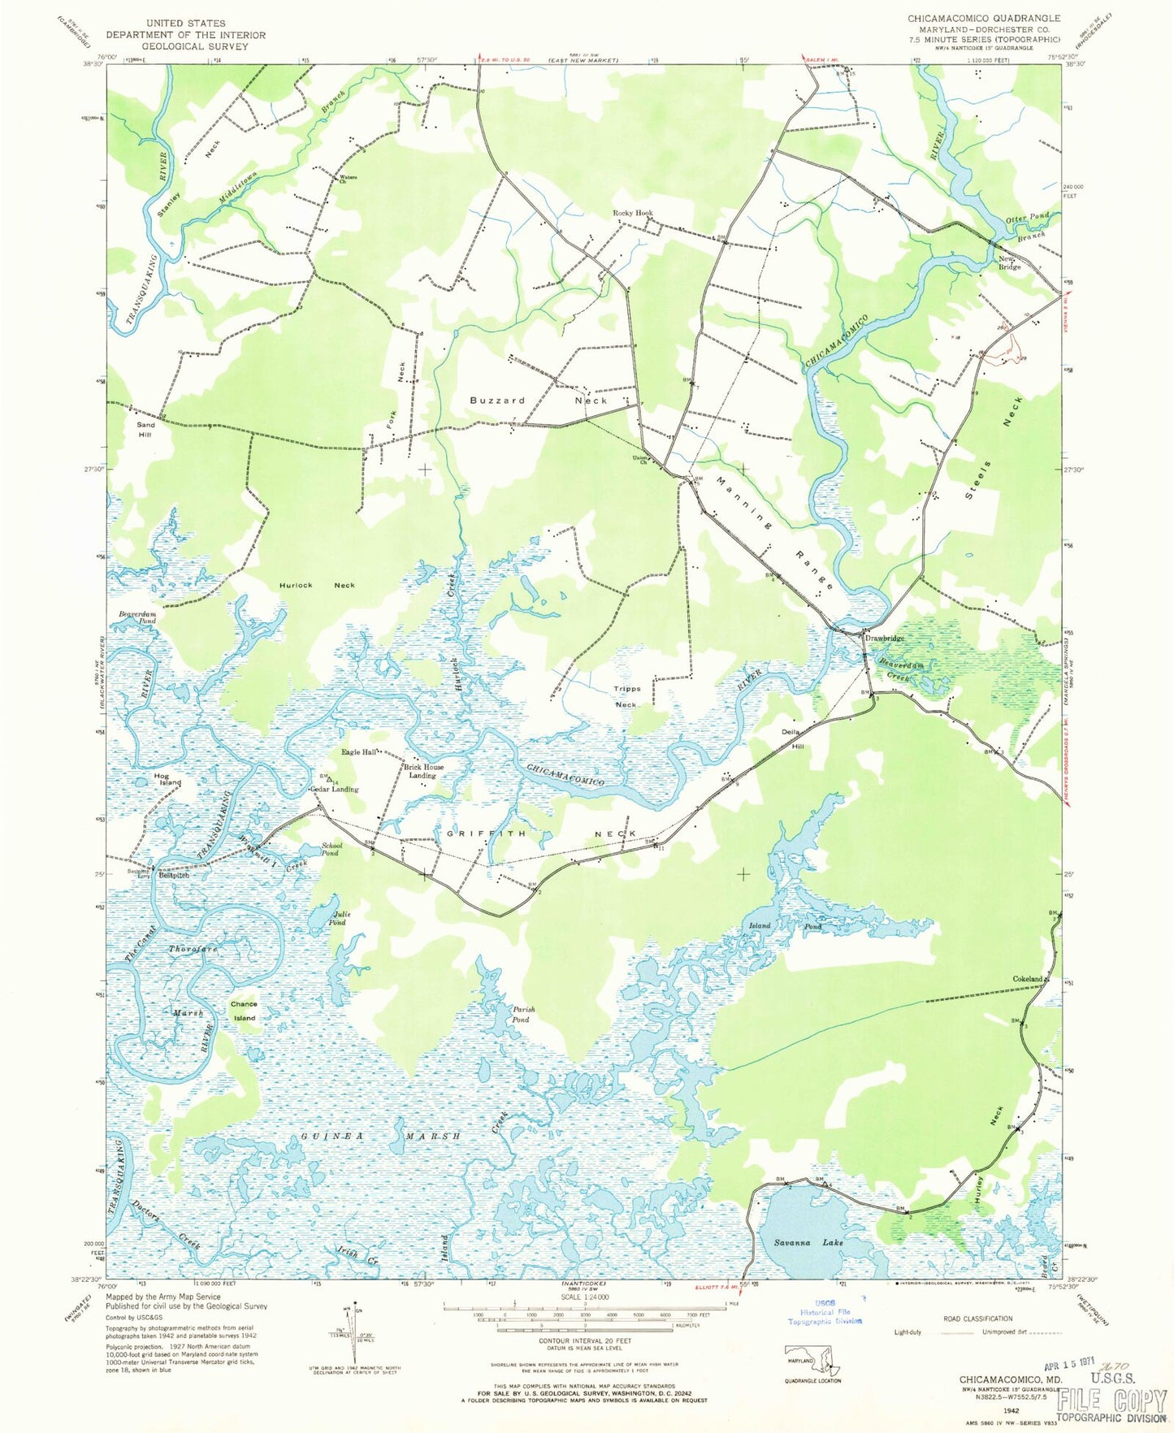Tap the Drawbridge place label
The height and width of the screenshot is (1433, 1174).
point(885,638)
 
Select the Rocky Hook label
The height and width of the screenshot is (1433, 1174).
point(633,213)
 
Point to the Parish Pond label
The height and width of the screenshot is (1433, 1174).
point(522,1014)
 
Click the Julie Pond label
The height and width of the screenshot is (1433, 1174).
point(337,917)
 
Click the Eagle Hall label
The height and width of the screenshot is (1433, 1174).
point(358,752)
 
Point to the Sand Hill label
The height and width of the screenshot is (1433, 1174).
point(145,429)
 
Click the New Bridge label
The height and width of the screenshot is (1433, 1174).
point(1010,262)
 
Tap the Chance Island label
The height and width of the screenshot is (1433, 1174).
point(244,1011)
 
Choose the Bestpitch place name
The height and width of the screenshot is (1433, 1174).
point(174,876)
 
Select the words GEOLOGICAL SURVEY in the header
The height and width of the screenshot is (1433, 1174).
point(186,46)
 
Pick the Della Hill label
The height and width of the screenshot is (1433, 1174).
point(792,737)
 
